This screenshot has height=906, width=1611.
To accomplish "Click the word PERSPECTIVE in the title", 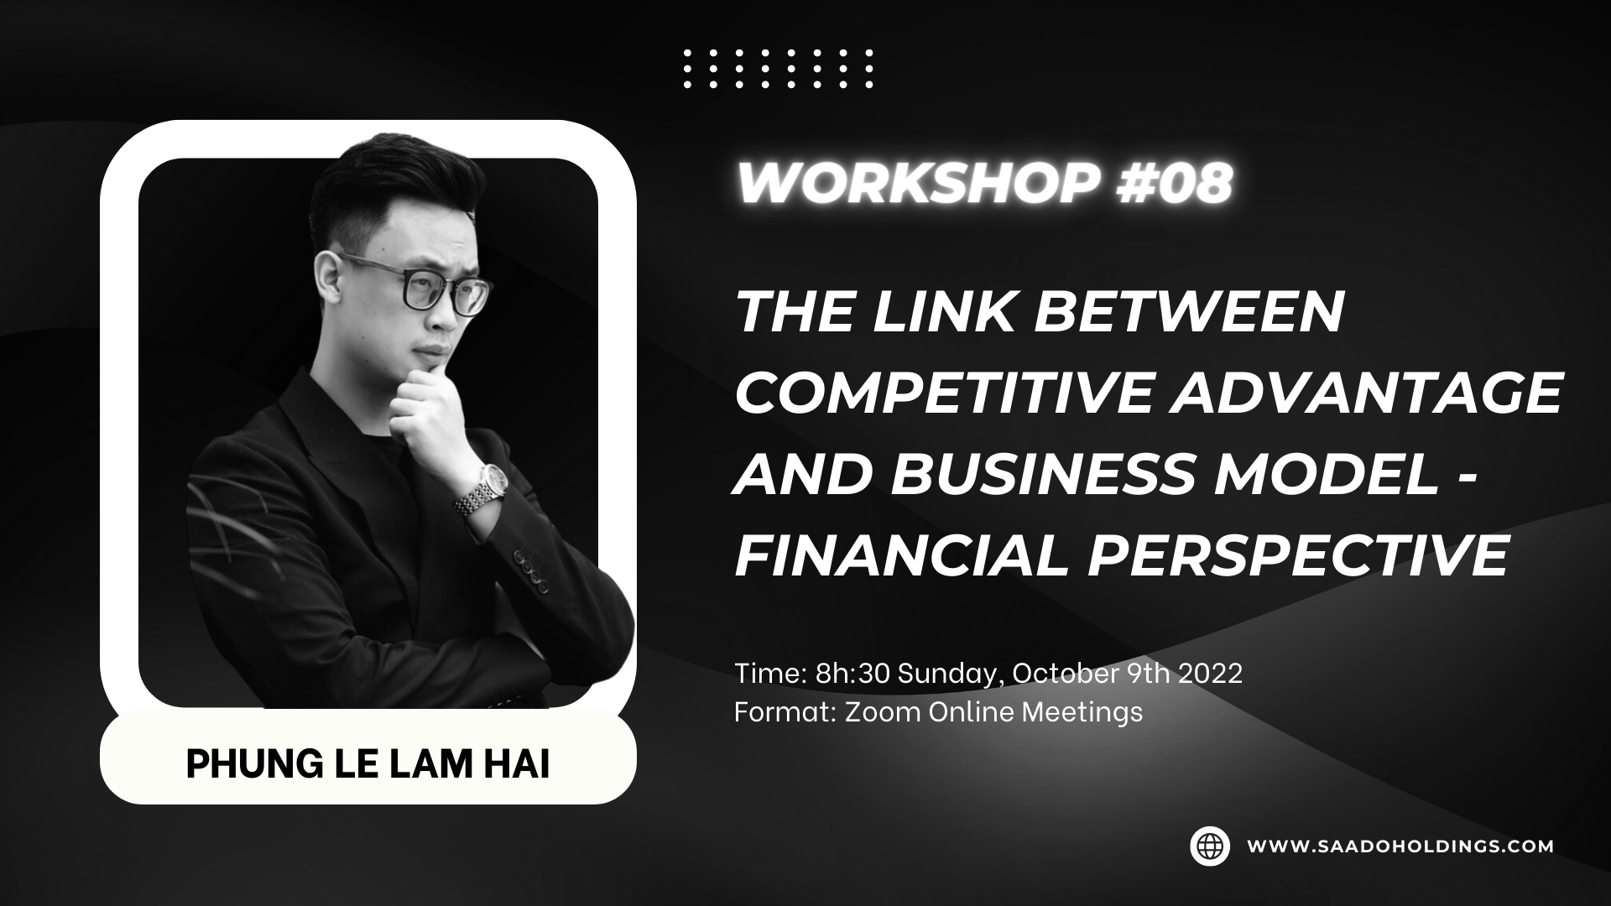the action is pyautogui.click(x=1298, y=555).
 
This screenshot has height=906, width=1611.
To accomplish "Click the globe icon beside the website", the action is pyautogui.click(x=1210, y=846).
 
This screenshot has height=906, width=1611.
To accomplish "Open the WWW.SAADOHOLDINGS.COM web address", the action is pyautogui.click(x=1400, y=846).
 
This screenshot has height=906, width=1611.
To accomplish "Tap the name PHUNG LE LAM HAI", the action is pyautogui.click(x=368, y=765).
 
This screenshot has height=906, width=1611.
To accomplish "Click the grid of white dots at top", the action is pyautogui.click(x=778, y=69).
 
